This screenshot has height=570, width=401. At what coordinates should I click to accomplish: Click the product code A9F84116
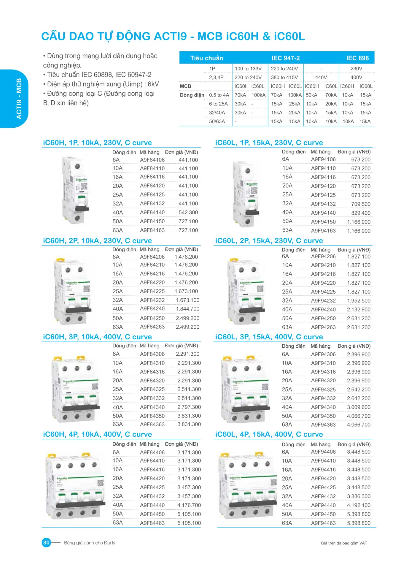(x=152, y=177)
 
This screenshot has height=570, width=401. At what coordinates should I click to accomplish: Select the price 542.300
(x=188, y=213)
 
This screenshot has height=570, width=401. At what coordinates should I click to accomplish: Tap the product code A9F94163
(x=323, y=231)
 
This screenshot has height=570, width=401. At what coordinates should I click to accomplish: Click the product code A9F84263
(x=152, y=327)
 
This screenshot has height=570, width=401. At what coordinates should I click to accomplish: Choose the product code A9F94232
(x=323, y=301)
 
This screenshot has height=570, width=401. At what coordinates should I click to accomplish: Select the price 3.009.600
(x=359, y=407)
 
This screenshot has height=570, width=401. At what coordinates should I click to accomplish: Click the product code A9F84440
(x=152, y=505)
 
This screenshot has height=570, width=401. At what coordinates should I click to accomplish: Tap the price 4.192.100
(x=359, y=505)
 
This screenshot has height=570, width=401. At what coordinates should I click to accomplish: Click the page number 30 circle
(x=47, y=543)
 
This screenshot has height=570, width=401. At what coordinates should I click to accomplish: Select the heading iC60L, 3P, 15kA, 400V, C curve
(x=269, y=337)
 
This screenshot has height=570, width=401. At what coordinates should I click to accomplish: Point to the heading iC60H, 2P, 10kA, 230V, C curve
(x=97, y=241)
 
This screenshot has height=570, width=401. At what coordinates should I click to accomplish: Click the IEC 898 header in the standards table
(x=357, y=58)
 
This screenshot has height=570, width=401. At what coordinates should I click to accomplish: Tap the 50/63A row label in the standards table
(x=217, y=121)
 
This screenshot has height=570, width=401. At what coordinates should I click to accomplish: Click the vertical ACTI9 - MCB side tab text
(x=19, y=99)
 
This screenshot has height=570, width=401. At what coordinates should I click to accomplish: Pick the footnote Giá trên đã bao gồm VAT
(x=344, y=543)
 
